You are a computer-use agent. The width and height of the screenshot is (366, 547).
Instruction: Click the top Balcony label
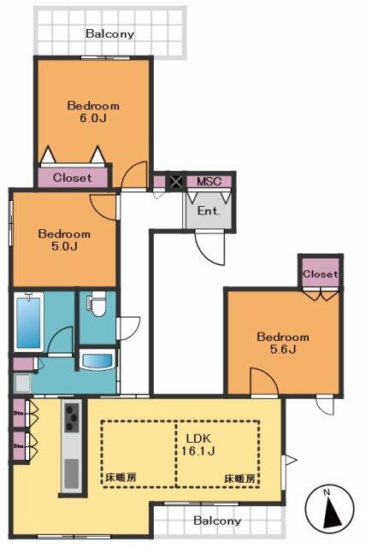click(110, 35)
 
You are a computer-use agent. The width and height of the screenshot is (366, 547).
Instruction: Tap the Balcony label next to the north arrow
click(216, 521)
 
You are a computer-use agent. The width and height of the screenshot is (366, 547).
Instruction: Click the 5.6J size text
click(283, 350)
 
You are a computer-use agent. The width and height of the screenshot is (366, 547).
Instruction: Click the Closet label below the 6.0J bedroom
click(74, 178)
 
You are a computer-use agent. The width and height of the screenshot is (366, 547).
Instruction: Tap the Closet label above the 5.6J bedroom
click(321, 274)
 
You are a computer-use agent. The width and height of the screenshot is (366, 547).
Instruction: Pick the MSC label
click(209, 181)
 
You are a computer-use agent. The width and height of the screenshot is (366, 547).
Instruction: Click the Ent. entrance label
click(209, 210)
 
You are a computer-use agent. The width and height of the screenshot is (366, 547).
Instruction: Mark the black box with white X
click(176, 181)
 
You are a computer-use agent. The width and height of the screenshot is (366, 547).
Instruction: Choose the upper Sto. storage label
click(19, 415)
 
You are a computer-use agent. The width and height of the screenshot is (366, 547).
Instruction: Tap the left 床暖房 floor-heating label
click(120, 478)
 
